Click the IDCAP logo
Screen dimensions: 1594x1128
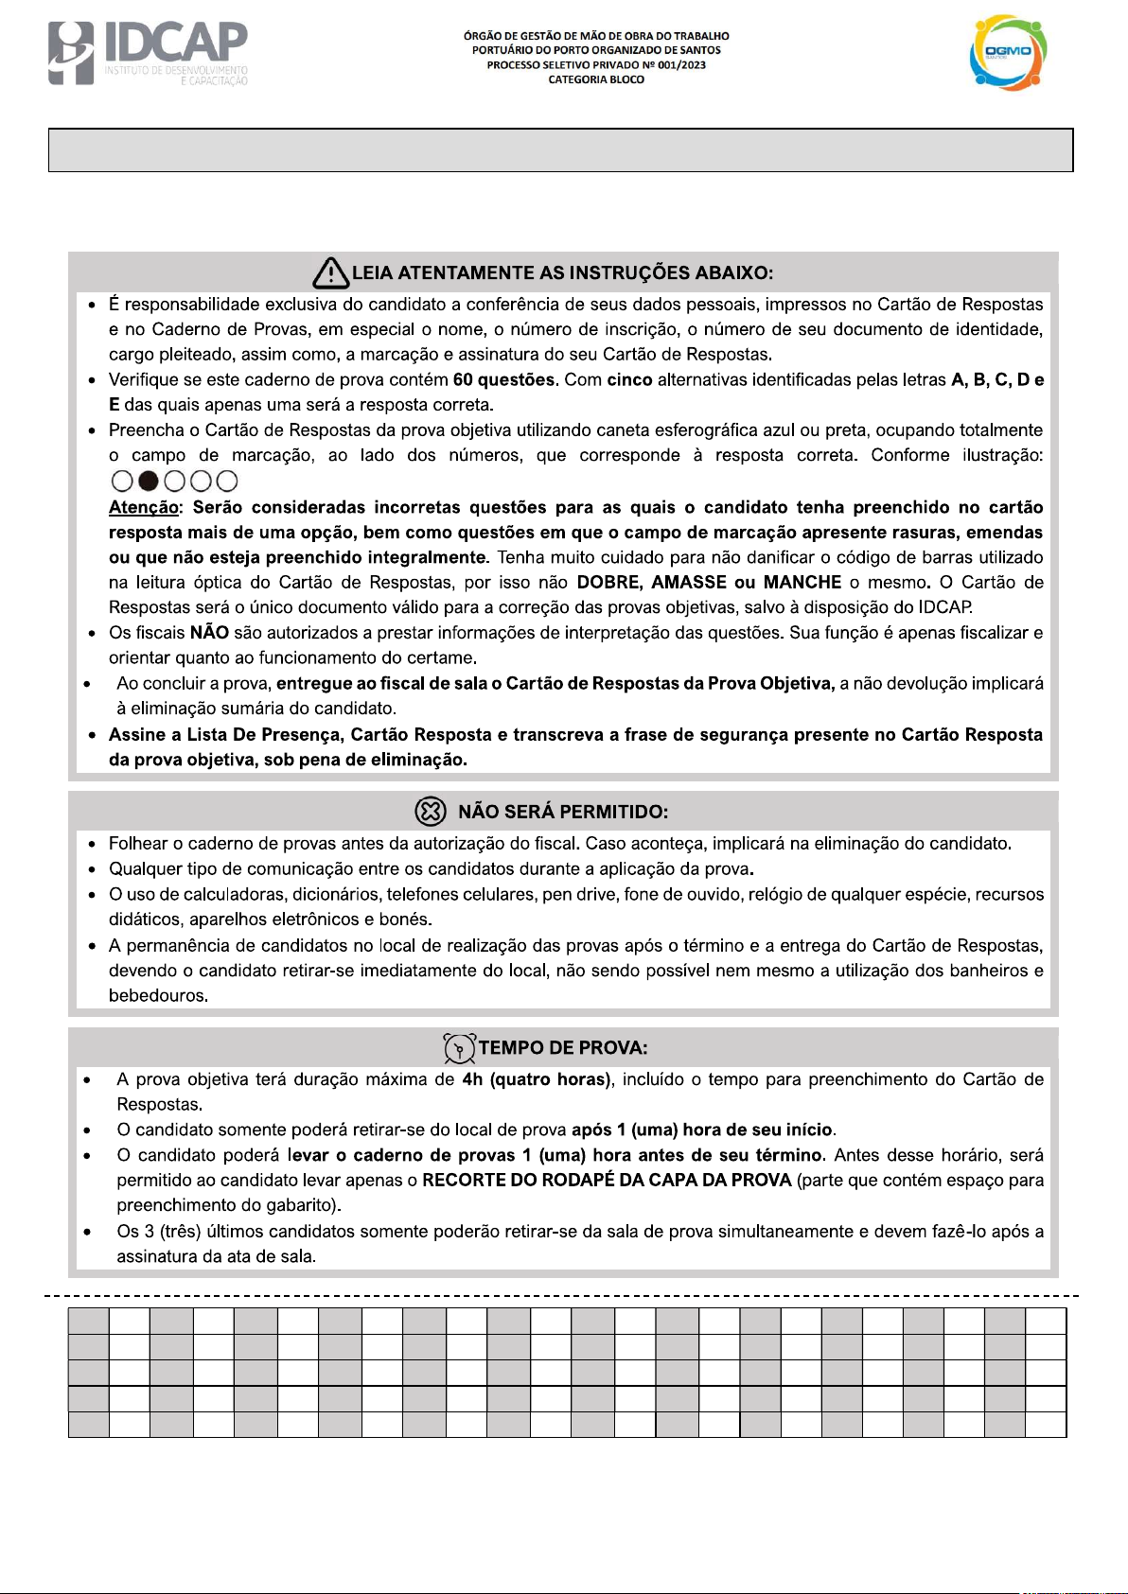[x=148, y=53]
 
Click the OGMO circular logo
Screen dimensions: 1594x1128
[x=1009, y=53]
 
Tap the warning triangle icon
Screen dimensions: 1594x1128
[x=330, y=273]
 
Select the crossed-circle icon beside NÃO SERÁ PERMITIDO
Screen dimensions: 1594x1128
[x=430, y=812]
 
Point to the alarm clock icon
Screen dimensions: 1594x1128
[x=459, y=1048]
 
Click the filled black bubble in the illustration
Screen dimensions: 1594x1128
[x=148, y=482]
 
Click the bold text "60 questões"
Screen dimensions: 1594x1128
[x=503, y=380]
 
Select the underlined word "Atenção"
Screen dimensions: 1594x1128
[x=144, y=508]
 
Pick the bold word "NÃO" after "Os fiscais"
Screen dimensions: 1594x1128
[x=209, y=633]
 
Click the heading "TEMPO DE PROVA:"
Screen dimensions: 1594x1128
[x=563, y=1048]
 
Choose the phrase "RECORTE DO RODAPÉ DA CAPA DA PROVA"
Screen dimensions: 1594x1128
[x=607, y=1181]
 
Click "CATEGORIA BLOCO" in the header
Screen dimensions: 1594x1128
[x=596, y=80]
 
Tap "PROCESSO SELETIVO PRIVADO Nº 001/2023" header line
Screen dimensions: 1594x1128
[x=596, y=65]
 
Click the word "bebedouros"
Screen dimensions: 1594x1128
[x=157, y=996]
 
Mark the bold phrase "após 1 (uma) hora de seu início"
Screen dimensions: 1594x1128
[x=702, y=1130]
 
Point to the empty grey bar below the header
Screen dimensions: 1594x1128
[x=560, y=150]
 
